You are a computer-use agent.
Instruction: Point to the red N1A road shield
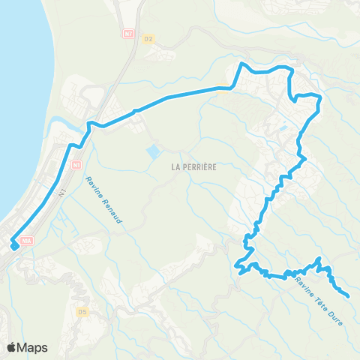[x=28, y=240]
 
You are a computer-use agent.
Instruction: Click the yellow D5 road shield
[x=83, y=310]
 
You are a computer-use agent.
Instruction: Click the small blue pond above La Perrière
[x=153, y=151]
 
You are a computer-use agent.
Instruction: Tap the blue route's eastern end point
[x=346, y=295]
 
